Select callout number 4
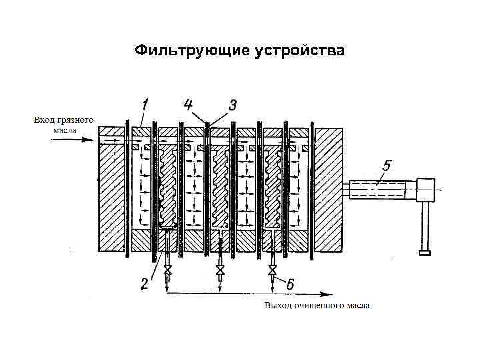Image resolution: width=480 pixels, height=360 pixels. pos(189,105)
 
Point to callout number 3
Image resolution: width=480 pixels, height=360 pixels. pos(232,105)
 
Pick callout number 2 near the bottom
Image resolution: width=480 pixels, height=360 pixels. pos(145,283)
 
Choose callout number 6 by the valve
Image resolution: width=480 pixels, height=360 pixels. pos(291,283)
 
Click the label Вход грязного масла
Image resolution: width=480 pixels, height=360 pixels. pos(63,125)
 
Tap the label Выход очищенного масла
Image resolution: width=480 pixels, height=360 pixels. pos(317,306)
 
